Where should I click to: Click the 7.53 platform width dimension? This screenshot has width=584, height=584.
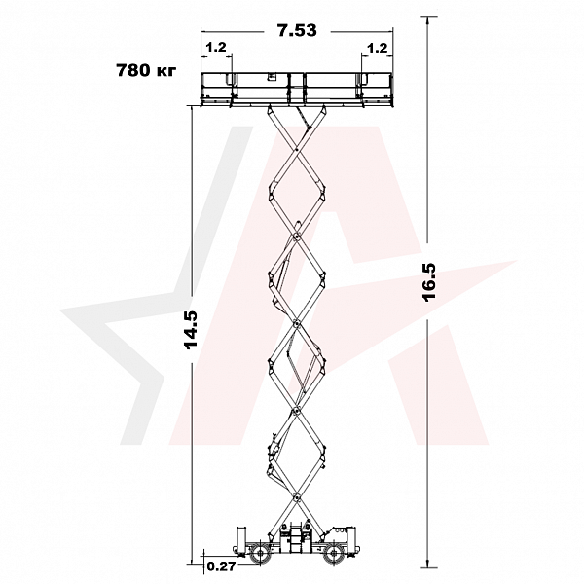click(297, 30)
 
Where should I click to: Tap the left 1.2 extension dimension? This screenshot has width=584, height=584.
click(216, 48)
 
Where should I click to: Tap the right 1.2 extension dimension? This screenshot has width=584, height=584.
click(378, 48)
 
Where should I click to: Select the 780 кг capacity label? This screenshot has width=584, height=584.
click(146, 70)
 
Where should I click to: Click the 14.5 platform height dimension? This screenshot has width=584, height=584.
click(191, 330)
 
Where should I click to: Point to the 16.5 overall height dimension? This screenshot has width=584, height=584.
click(429, 282)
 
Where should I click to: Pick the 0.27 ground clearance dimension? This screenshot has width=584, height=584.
click(221, 566)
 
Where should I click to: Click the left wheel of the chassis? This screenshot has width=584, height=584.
click(259, 555)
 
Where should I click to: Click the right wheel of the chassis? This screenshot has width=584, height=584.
click(332, 555)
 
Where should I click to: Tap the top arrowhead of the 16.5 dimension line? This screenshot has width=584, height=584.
click(428, 19)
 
